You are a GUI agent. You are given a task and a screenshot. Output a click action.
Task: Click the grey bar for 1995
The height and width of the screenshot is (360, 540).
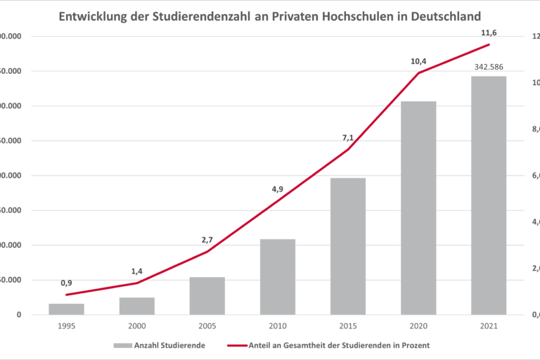67,309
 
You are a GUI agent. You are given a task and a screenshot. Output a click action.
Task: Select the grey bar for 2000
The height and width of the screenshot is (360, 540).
137,306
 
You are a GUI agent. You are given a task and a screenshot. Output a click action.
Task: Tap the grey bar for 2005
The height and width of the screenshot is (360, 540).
207,295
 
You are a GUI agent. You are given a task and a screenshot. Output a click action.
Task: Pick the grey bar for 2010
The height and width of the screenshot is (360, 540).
278,276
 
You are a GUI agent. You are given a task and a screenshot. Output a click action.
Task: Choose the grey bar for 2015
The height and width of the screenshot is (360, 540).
348,246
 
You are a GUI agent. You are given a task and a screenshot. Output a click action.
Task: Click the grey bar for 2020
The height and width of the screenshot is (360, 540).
418,207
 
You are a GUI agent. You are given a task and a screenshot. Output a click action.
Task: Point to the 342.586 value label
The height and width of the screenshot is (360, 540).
489,67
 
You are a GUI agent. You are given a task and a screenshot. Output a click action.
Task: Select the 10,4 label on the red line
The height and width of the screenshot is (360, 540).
418,62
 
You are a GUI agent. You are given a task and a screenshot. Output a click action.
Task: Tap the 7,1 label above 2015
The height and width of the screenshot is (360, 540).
348,137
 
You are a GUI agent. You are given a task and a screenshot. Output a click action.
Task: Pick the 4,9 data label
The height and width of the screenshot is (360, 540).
278,189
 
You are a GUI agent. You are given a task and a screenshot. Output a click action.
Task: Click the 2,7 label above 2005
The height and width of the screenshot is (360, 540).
207,240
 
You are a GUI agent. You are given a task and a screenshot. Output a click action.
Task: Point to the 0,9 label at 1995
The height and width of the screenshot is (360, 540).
67,283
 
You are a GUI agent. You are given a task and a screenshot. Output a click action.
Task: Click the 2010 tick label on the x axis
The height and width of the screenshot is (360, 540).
278,326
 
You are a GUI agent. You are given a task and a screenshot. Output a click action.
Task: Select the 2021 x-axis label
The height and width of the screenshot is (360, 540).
489,326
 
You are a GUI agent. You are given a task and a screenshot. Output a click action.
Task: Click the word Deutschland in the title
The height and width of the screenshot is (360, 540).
444,15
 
